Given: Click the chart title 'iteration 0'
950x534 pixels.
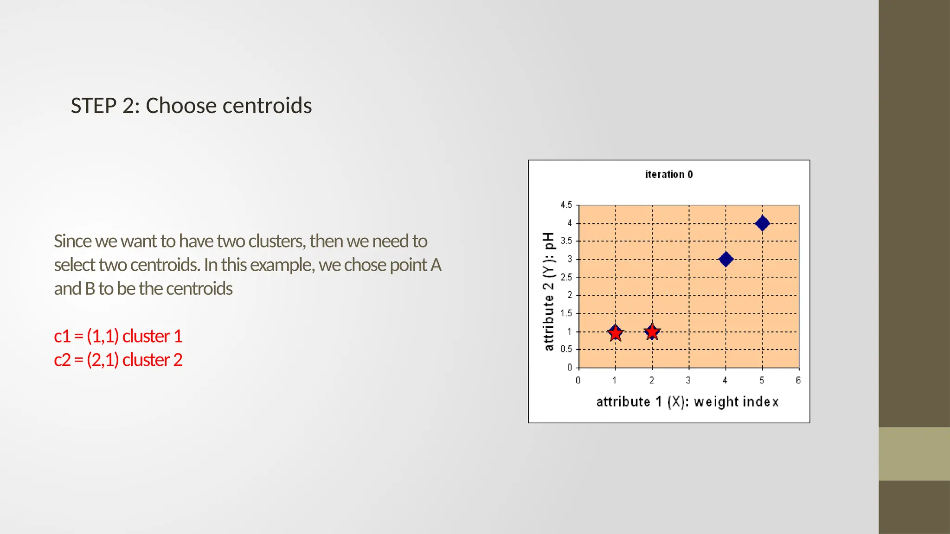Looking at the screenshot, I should click(x=668, y=175).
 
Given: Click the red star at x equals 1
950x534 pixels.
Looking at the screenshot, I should click(x=615, y=333).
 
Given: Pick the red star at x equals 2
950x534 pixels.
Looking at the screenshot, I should click(x=652, y=332).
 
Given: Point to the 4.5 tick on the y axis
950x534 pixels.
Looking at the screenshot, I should click(x=566, y=205).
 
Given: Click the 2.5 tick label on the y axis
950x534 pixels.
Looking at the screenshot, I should click(x=566, y=277).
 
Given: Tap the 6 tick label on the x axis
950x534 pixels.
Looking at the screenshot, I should click(x=798, y=381).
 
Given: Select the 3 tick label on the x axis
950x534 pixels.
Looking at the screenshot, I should click(x=688, y=381).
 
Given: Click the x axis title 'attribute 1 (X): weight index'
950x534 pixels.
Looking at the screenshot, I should click(x=687, y=401).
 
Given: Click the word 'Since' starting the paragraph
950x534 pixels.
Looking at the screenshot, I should click(x=72, y=242).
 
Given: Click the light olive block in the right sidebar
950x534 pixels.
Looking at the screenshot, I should click(x=914, y=453).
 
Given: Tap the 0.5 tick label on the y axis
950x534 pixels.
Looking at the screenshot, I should click(x=566, y=349).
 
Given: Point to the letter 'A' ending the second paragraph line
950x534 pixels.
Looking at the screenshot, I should click(x=436, y=265).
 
